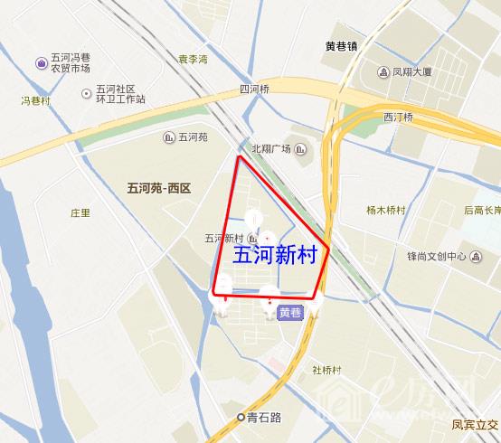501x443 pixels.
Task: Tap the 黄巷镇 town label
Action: click(x=342, y=45)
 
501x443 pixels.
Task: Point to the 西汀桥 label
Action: click(x=398, y=118)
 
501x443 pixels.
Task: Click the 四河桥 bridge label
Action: click(x=254, y=89)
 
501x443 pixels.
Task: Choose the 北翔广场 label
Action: click(x=271, y=149)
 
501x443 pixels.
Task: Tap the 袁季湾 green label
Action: click(x=192, y=60)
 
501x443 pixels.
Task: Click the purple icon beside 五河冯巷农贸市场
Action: click(x=42, y=62)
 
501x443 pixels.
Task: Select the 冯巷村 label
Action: click(x=35, y=101)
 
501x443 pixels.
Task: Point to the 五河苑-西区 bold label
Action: click(x=155, y=187)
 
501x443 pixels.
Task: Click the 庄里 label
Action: click(x=80, y=213)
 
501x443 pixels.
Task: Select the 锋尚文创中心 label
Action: click(x=436, y=257)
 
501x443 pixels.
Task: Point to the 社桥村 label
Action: click(x=326, y=369)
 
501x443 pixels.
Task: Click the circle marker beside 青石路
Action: click(x=241, y=418)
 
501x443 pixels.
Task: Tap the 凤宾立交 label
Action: click(x=475, y=423)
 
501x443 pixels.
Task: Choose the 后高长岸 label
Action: click(x=481, y=210)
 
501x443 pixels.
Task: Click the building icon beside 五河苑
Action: click(x=169, y=137)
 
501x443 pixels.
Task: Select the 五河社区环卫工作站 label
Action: click(x=120, y=94)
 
